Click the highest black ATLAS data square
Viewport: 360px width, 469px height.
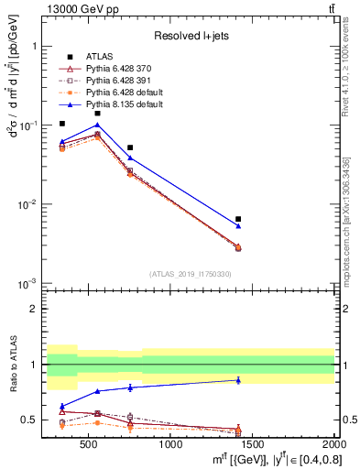tap(97, 114)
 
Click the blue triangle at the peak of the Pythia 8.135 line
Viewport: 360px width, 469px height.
tap(97, 125)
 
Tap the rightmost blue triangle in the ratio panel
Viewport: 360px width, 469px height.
tap(238, 379)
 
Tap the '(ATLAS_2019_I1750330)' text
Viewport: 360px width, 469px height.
tap(190, 274)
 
